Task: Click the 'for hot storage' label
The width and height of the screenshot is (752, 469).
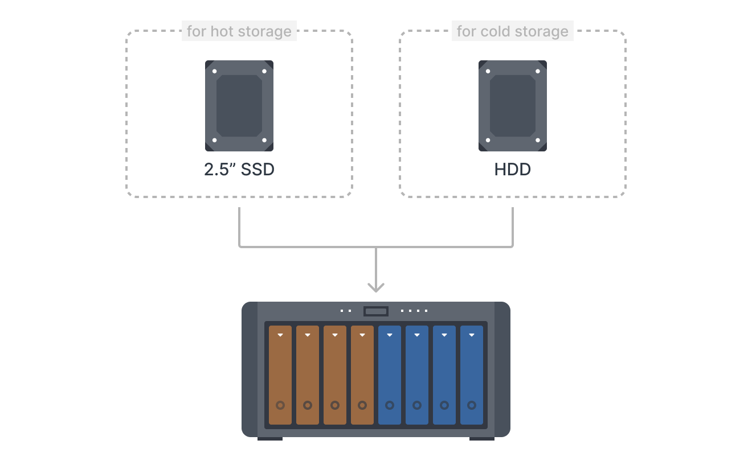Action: click(x=239, y=31)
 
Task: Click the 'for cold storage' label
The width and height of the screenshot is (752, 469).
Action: click(x=513, y=31)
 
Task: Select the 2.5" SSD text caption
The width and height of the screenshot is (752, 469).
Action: click(x=239, y=170)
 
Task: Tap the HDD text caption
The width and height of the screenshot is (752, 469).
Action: click(x=513, y=170)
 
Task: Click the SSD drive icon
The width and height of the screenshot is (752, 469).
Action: click(x=239, y=106)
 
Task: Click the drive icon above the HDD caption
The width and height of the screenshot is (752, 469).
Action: click(x=513, y=106)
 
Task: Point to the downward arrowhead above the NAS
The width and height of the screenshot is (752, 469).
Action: click(x=376, y=287)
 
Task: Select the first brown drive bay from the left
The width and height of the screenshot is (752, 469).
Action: click(x=280, y=375)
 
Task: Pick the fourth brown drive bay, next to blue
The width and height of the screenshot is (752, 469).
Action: click(x=362, y=375)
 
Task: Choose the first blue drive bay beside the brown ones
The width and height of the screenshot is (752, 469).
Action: click(x=390, y=375)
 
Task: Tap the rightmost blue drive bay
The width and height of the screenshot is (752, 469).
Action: click(x=472, y=375)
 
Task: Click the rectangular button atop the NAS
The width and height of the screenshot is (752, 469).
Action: click(x=376, y=311)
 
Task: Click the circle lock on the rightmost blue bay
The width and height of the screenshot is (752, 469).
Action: click(x=472, y=405)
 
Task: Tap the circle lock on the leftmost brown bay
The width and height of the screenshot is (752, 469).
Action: click(x=280, y=405)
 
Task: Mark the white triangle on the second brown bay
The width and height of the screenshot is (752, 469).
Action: click(x=308, y=335)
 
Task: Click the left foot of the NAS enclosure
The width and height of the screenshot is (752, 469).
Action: click(x=270, y=438)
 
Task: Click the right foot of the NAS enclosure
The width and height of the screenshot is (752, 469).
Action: click(x=482, y=438)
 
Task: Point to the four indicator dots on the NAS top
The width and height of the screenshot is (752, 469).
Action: click(x=414, y=311)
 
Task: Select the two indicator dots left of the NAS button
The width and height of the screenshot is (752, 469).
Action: click(x=346, y=311)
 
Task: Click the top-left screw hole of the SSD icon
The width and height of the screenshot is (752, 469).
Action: click(x=215, y=72)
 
